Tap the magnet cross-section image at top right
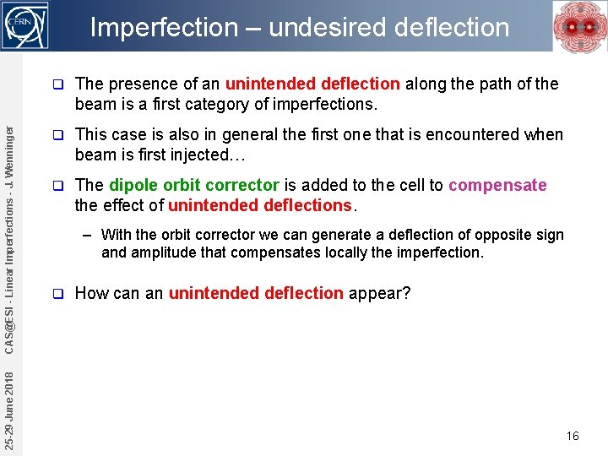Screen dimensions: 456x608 click(x=578, y=27)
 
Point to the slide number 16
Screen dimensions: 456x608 click(x=573, y=436)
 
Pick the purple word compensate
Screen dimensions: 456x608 click(x=497, y=185)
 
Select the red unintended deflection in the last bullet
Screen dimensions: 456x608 click(x=256, y=293)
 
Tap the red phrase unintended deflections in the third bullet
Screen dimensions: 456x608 click(x=259, y=205)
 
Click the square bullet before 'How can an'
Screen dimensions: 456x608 click(x=57, y=293)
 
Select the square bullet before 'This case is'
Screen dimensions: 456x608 click(x=57, y=134)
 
